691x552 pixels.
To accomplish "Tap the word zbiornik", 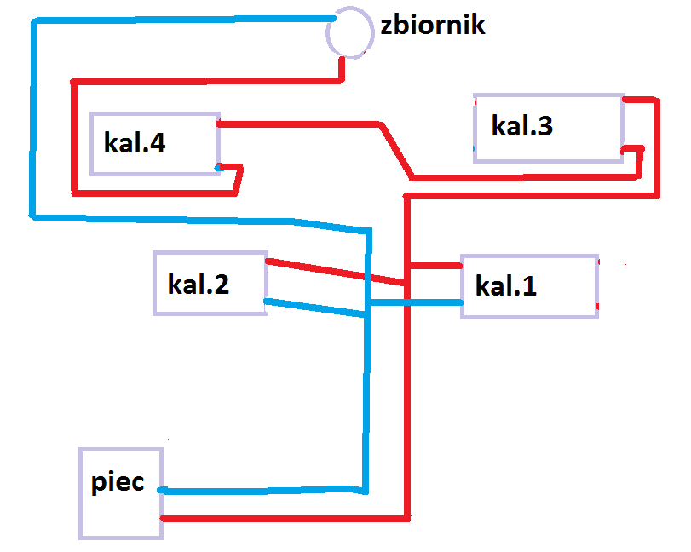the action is click(x=433, y=25).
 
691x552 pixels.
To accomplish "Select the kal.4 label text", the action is click(x=135, y=142).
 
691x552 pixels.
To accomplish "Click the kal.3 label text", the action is click(x=521, y=125).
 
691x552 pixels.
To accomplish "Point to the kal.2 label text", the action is click(x=199, y=284).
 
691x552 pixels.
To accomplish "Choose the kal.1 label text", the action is click(x=506, y=285).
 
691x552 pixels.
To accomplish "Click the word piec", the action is click(x=118, y=481).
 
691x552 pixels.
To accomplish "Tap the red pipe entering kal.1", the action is click(x=435, y=266).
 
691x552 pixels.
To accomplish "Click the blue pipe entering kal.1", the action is click(x=416, y=302).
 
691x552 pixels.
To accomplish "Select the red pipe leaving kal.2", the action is click(x=335, y=272).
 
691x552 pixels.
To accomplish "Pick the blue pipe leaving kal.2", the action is click(x=314, y=308).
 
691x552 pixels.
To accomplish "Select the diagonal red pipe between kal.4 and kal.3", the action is click(x=396, y=151).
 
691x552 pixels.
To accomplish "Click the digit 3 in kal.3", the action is click(x=544, y=125).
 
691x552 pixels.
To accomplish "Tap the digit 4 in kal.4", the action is click(x=158, y=142).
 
